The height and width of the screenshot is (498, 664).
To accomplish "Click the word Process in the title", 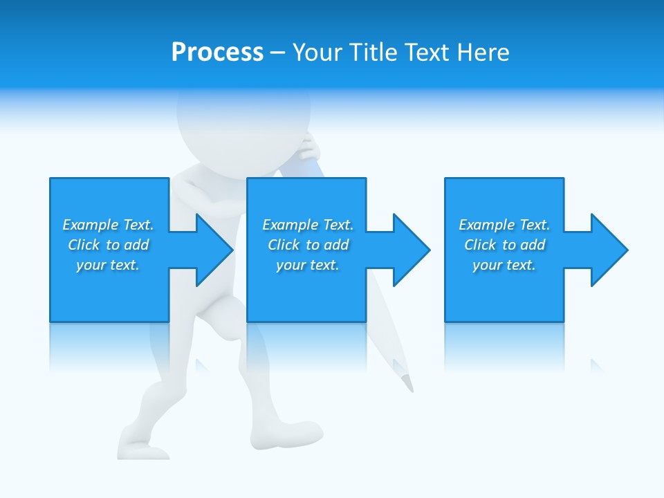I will click(x=217, y=53).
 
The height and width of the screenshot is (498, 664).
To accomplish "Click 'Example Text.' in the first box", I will click(x=108, y=225).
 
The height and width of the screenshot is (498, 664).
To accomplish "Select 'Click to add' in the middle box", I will click(x=308, y=245).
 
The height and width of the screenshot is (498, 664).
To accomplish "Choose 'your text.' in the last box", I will click(x=504, y=265).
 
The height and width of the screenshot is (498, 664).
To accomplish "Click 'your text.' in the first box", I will click(x=108, y=265).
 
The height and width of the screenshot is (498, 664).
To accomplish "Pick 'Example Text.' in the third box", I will click(x=504, y=225).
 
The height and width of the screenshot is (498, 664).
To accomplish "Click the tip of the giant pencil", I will click(x=409, y=385).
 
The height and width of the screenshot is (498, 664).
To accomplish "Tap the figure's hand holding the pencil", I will click(x=309, y=147).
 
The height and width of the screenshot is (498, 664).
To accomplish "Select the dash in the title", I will click(x=277, y=53).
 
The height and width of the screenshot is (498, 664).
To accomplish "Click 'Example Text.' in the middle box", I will click(x=308, y=225).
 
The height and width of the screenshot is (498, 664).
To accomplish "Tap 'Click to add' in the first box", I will click(x=108, y=245).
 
